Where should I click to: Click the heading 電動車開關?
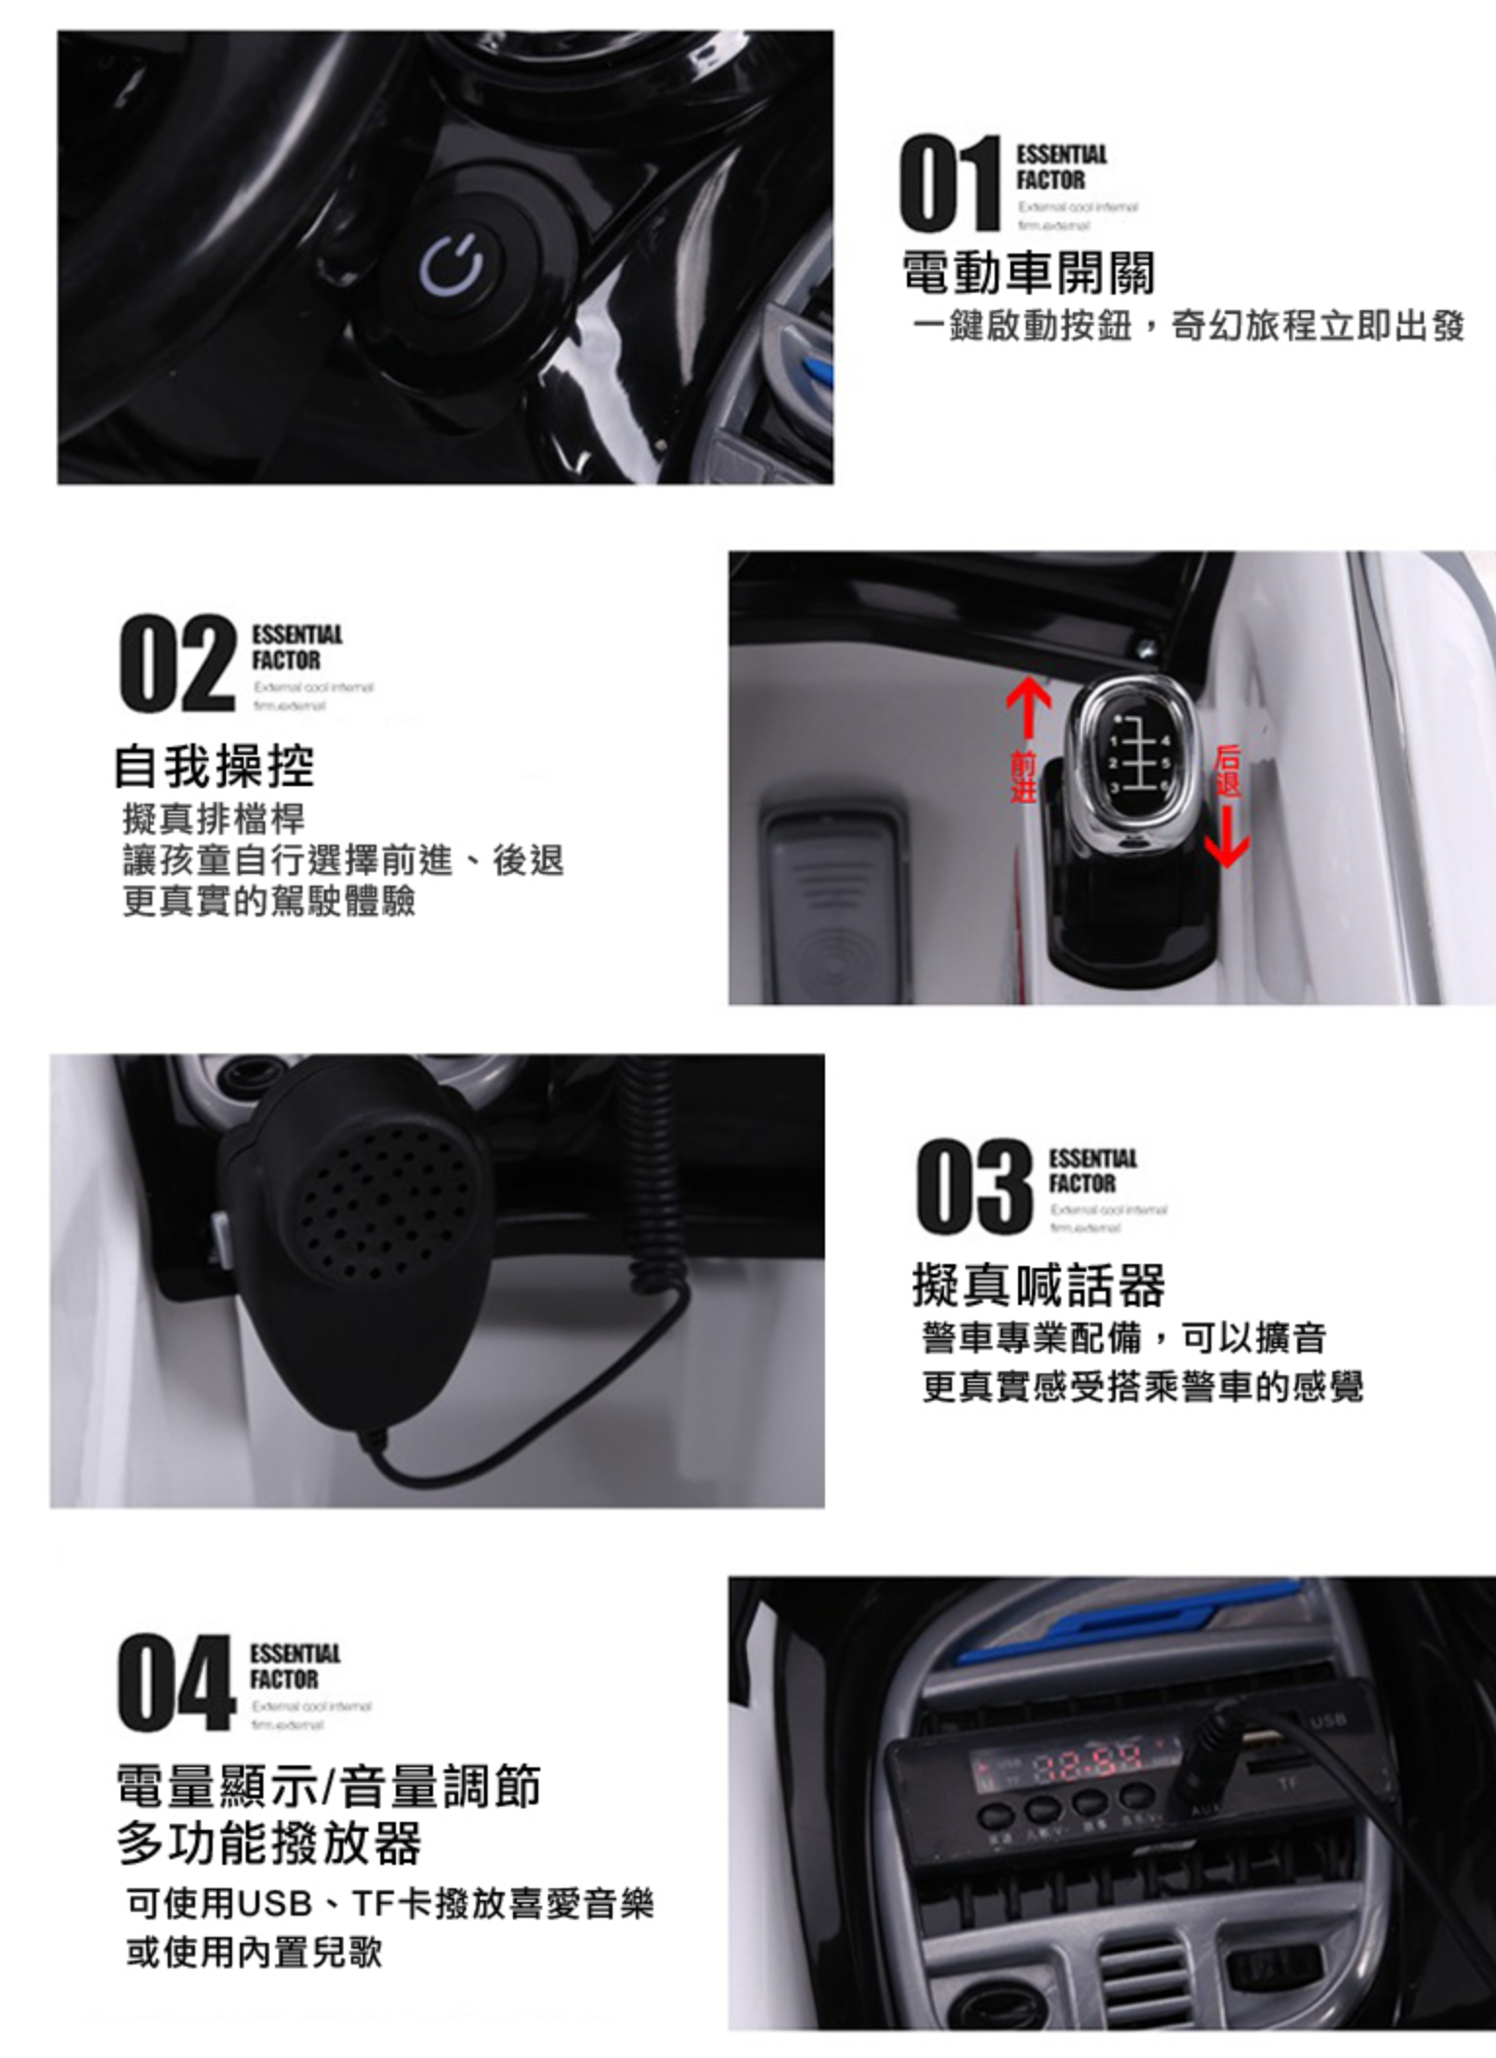1029,273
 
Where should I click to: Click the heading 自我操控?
215,766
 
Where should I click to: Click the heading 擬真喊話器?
1039,1285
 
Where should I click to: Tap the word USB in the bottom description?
276,1903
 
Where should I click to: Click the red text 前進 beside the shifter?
1022,776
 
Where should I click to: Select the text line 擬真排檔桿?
214,818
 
